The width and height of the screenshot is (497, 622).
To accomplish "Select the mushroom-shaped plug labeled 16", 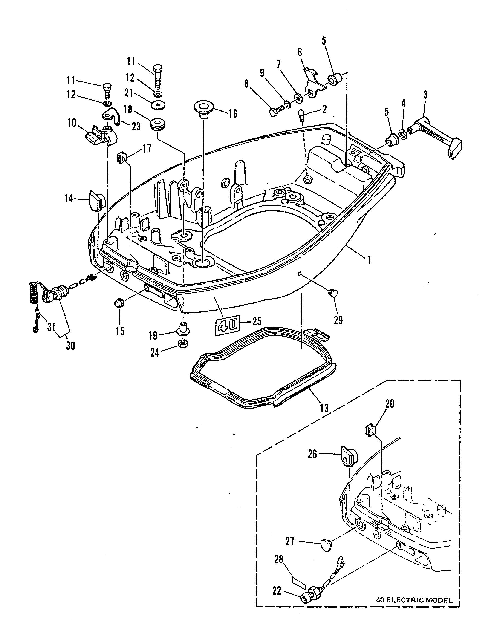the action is [203, 109].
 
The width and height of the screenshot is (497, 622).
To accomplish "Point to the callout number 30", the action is [70, 346].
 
